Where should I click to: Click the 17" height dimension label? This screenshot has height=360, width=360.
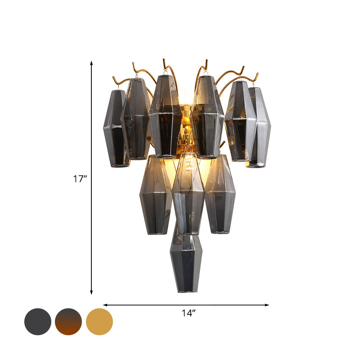(80, 179)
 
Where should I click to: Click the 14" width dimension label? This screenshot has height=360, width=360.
(189, 313)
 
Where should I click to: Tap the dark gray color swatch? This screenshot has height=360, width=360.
(38, 322)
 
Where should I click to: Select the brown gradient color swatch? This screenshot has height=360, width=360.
(68, 322)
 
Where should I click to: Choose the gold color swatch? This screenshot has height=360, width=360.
(99, 322)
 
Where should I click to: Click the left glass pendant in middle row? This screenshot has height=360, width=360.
(155, 194)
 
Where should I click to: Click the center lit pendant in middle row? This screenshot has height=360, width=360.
(188, 193)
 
